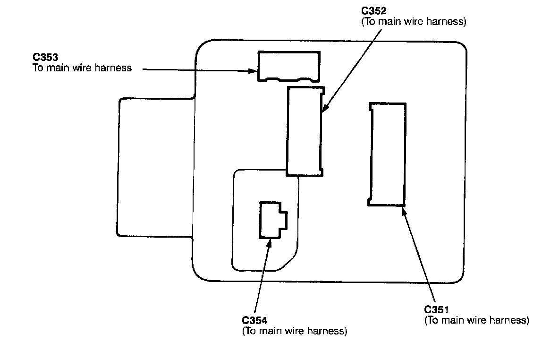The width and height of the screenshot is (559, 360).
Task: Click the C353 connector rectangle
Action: point(288,66)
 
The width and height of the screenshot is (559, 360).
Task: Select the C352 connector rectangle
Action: point(305,131)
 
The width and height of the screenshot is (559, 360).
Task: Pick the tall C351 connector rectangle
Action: point(387,154)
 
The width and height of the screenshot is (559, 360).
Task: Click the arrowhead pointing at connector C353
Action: point(254,71)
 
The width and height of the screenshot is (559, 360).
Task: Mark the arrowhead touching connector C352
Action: point(324,110)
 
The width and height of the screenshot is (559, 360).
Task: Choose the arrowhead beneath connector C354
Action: point(269,243)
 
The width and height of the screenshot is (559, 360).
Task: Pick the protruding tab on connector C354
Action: point(284,220)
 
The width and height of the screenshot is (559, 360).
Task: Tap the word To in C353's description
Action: point(38,68)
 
